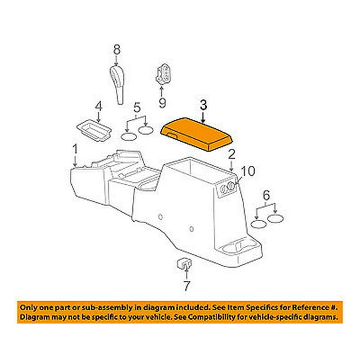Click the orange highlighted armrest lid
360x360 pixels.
coord(197,134)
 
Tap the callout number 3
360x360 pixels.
coord(204,105)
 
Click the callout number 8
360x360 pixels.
coord(116,49)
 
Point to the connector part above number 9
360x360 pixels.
coord(164,74)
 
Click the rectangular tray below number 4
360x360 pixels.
coord(94,130)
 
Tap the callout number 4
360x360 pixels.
coord(99,106)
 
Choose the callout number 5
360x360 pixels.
coord(137,108)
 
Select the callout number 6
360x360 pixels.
coord(266,196)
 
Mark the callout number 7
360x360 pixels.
coord(187,286)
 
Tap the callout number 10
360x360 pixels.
coord(248,171)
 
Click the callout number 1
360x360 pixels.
coord(75,149)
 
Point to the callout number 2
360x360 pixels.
coord(232,154)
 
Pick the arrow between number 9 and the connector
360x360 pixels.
coord(162,91)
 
